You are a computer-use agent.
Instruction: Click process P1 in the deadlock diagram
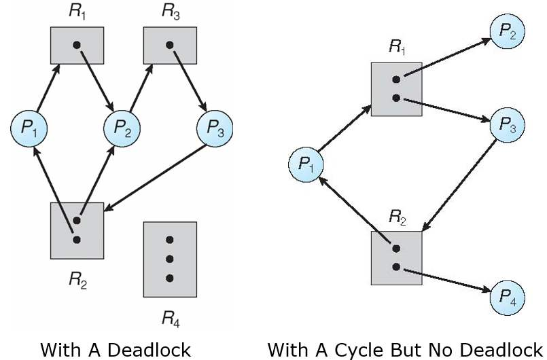click(29, 129)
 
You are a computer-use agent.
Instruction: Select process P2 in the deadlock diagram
click(122, 129)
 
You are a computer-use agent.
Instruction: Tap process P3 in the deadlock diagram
click(215, 129)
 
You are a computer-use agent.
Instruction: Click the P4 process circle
click(508, 298)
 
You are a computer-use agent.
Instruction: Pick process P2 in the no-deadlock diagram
click(508, 32)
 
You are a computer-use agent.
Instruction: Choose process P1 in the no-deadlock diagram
click(306, 164)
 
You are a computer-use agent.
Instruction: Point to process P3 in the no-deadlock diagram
click(508, 124)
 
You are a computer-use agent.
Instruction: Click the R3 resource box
click(170, 46)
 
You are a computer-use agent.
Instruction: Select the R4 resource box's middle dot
click(170, 259)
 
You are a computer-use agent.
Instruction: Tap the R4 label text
click(171, 319)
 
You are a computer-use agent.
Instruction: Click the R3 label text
click(171, 12)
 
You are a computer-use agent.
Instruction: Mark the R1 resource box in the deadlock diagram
click(77, 46)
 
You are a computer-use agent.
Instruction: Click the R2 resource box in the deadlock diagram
click(77, 230)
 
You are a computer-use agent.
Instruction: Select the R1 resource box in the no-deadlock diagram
click(397, 89)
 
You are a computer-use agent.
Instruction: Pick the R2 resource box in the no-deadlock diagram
click(397, 258)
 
